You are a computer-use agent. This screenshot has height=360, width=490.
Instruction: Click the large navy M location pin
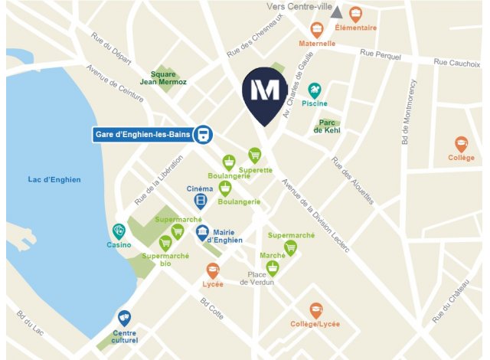coord(265,95)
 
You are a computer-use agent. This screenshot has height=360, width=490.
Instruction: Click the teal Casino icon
coord(119,231)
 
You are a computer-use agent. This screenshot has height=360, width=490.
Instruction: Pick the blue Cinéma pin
coord(200,201)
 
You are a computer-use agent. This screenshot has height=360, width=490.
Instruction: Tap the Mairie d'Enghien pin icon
coord(202,233)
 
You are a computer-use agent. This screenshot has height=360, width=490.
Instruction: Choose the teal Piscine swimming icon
coord(314,90)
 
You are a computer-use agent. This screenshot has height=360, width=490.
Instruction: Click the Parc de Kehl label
coord(328,126)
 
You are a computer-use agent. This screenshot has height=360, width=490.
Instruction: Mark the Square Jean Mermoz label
coord(168,77)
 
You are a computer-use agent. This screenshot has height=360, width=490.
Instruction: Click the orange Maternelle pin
coord(317,29)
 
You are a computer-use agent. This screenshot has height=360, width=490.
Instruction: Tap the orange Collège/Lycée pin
coord(315,310)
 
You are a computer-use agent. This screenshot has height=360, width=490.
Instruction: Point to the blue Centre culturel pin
coord(124,318)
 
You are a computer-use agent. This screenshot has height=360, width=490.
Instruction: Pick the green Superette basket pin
coord(255,155)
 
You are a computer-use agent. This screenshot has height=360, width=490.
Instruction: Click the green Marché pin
coord(272,267)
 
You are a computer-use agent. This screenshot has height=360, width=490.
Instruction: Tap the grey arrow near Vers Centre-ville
coord(336,12)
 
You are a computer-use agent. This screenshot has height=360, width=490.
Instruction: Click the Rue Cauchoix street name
coord(456,62)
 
